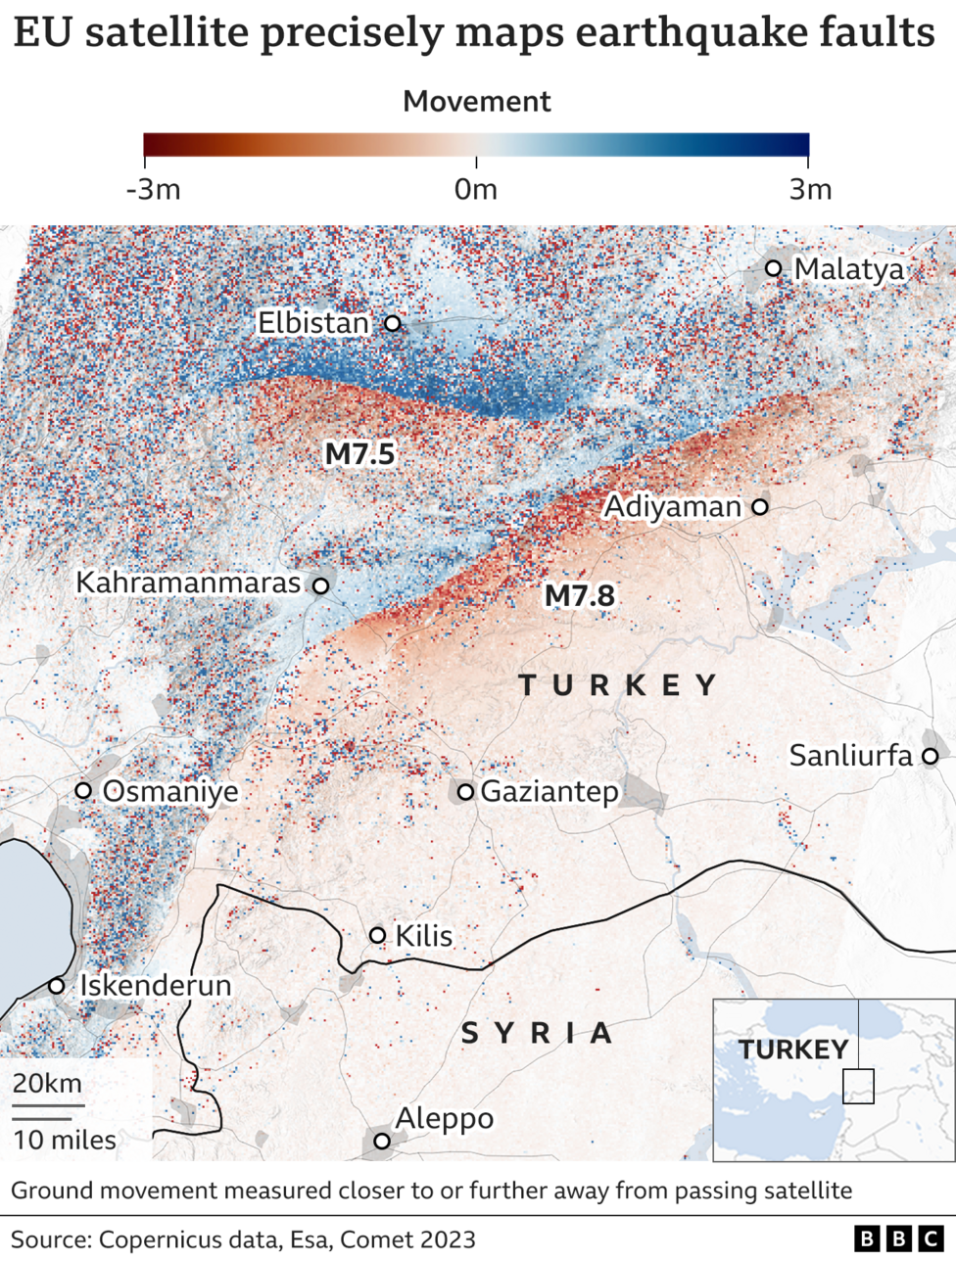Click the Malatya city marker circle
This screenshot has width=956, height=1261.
(774, 268)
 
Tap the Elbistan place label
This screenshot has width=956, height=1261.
(313, 322)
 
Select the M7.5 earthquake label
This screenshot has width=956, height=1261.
(359, 453)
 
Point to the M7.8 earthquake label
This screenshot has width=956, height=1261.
(579, 595)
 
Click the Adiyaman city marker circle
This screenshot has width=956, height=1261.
(759, 506)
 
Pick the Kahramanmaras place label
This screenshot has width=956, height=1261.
(188, 583)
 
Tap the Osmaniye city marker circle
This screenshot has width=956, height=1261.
(83, 790)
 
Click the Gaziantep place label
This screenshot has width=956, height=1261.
(550, 791)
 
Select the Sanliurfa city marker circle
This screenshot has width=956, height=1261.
(930, 756)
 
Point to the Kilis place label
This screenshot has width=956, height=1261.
(424, 936)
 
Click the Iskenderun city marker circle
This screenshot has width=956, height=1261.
(57, 986)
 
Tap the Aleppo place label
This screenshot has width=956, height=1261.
(444, 1118)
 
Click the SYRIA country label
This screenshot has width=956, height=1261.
(537, 1033)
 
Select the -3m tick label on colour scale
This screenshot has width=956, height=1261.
(154, 189)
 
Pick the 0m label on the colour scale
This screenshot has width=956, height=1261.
(476, 189)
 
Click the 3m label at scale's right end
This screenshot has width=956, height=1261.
(810, 189)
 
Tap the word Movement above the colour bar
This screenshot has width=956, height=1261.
(477, 102)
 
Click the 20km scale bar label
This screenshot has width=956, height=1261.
(47, 1084)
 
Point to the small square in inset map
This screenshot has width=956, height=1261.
(858, 1087)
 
